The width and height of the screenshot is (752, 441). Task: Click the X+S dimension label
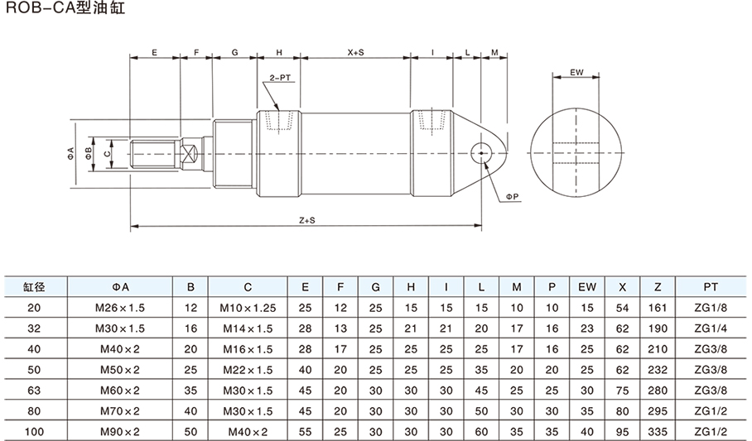(x=355, y=52)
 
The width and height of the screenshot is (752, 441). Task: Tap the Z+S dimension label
(x=306, y=221)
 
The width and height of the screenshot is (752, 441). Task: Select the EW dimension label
(x=577, y=73)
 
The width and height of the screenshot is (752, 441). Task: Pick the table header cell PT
(x=710, y=287)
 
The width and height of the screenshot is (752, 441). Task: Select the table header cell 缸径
(x=33, y=287)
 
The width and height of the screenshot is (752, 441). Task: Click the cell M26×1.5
(x=121, y=307)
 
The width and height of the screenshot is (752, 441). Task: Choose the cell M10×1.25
(x=247, y=307)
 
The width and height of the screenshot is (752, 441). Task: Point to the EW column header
(x=587, y=287)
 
